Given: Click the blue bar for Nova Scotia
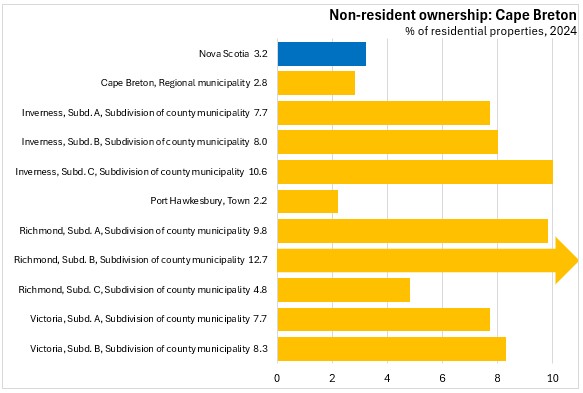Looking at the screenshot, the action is click(x=322, y=54).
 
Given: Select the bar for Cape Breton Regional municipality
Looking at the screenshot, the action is click(x=316, y=83).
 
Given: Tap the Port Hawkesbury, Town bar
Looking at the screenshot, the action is click(x=308, y=201).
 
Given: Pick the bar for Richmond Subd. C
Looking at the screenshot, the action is click(x=344, y=290).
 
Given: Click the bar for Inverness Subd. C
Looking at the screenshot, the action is click(x=415, y=172).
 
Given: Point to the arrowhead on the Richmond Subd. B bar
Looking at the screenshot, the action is click(x=567, y=260).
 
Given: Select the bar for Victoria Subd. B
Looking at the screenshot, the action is click(x=392, y=349).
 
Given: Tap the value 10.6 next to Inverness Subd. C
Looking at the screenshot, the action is click(x=258, y=171).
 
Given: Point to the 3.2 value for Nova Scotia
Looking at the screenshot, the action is click(x=261, y=54).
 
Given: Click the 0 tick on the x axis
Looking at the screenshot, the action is click(x=277, y=378).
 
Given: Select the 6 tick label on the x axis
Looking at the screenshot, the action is click(x=442, y=378).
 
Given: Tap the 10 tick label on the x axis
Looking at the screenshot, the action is click(x=553, y=378).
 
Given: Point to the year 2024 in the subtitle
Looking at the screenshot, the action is click(x=563, y=31).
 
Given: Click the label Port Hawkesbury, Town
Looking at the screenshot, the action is click(x=200, y=201).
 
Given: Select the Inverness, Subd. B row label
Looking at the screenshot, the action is click(x=135, y=142).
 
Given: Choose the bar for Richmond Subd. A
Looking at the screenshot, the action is click(x=413, y=231).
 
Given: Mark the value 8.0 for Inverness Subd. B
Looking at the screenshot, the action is click(x=261, y=142).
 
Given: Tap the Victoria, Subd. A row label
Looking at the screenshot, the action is click(x=140, y=319).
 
